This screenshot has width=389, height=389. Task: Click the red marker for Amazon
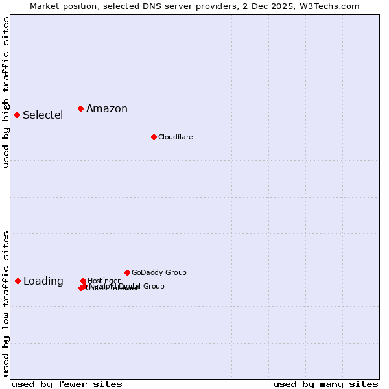pos(80,108)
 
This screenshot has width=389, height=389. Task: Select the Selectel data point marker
pos(18,115)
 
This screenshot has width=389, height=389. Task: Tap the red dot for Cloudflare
pos(154,137)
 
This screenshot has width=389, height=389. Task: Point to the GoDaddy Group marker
pos(127,272)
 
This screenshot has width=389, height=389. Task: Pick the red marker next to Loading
pos(18,281)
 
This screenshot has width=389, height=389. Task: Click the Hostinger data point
pos(83,281)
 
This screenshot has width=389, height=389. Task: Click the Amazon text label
pos(107,109)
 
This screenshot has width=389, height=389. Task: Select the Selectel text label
pos(43,115)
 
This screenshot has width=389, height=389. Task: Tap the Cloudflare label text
pos(176,137)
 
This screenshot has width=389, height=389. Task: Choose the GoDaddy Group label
pos(159,273)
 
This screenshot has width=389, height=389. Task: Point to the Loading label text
pos(43,281)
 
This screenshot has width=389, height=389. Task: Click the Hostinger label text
pos(104,281)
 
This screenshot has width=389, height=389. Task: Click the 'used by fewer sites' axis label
pos(67,384)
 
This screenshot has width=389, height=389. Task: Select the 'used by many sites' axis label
pos(325,384)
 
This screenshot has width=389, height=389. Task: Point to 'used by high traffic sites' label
pos(6,92)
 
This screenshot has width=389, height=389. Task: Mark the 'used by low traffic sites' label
pos(6,303)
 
